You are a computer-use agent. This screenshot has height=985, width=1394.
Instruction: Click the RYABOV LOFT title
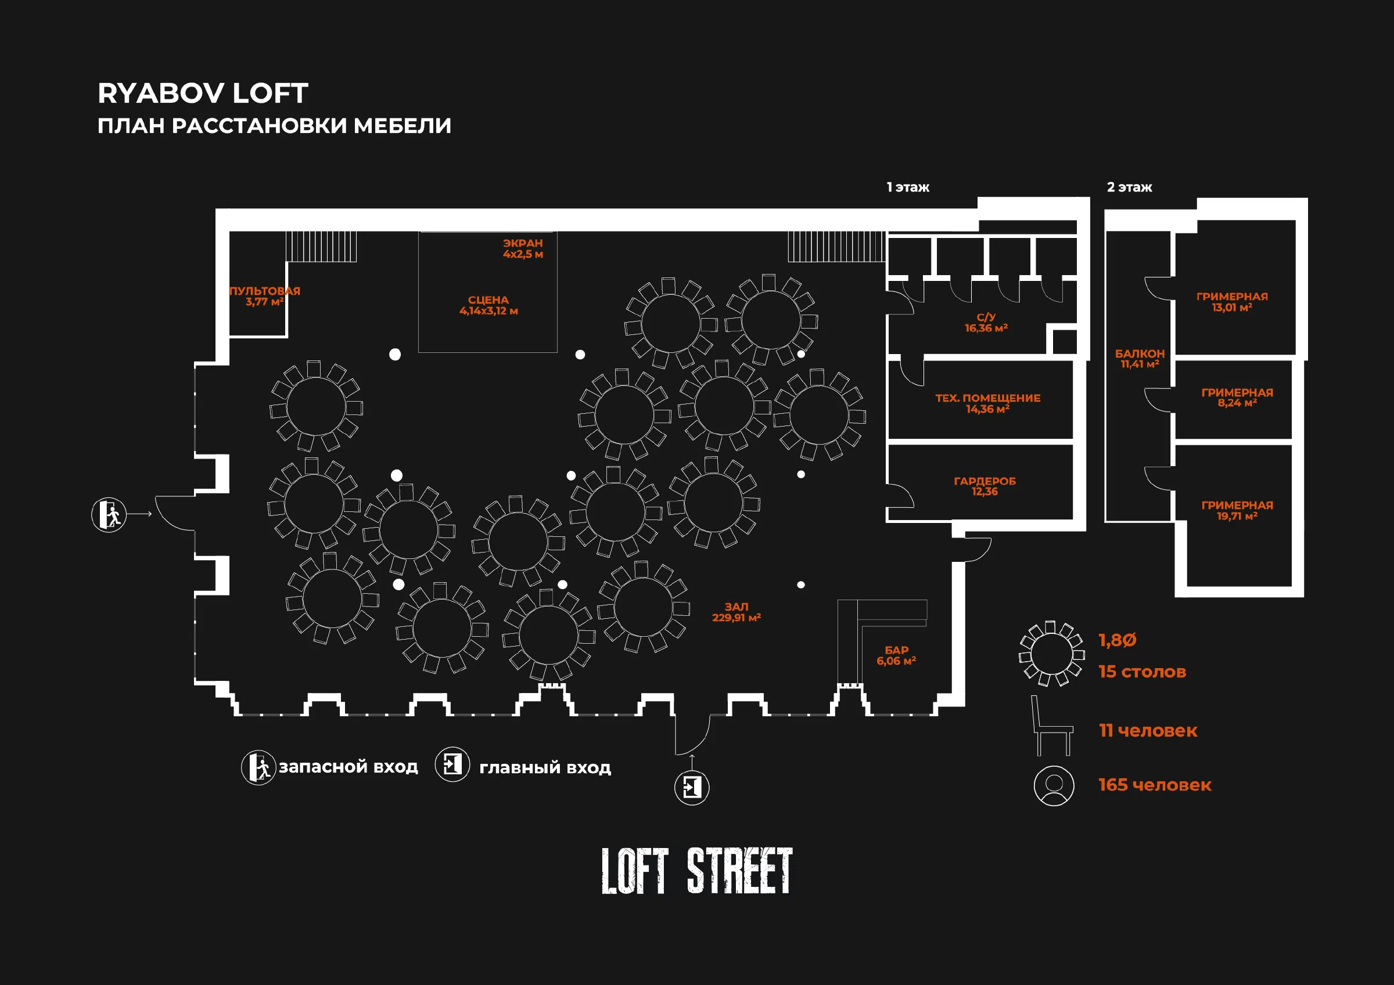click(x=203, y=93)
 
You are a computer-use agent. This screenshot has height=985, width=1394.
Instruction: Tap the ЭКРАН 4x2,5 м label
click(x=523, y=248)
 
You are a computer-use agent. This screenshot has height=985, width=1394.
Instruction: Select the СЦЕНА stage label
click(x=488, y=305)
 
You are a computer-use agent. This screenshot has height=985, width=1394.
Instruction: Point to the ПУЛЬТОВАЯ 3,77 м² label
click(x=265, y=296)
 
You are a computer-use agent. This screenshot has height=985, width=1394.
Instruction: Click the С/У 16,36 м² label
click(x=986, y=322)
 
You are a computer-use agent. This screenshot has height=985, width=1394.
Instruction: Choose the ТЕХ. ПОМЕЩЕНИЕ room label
click(x=988, y=403)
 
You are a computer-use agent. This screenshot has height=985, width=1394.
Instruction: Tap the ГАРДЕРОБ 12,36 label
click(x=985, y=486)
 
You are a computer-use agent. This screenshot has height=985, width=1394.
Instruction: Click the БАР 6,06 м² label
click(x=896, y=655)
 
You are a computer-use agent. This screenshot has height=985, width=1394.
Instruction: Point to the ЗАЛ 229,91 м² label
click(x=736, y=612)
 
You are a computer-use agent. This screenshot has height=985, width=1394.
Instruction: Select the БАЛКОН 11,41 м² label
click(x=1140, y=359)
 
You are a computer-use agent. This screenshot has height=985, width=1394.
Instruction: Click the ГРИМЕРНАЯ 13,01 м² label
click(x=1232, y=302)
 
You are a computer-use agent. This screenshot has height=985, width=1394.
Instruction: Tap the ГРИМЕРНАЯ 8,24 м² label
click(x=1237, y=398)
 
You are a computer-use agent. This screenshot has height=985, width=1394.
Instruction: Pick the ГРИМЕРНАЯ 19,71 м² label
click(x=1237, y=510)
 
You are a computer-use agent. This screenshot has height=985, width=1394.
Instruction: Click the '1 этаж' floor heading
click(x=908, y=187)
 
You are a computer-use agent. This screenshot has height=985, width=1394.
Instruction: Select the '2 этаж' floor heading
click(x=1129, y=187)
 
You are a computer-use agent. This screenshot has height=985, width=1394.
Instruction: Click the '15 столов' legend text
click(x=1142, y=671)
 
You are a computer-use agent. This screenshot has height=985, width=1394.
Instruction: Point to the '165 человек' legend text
click(x=1155, y=785)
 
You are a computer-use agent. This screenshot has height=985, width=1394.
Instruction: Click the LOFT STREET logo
click(x=697, y=871)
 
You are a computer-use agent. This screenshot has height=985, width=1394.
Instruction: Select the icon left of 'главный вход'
click(x=452, y=764)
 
